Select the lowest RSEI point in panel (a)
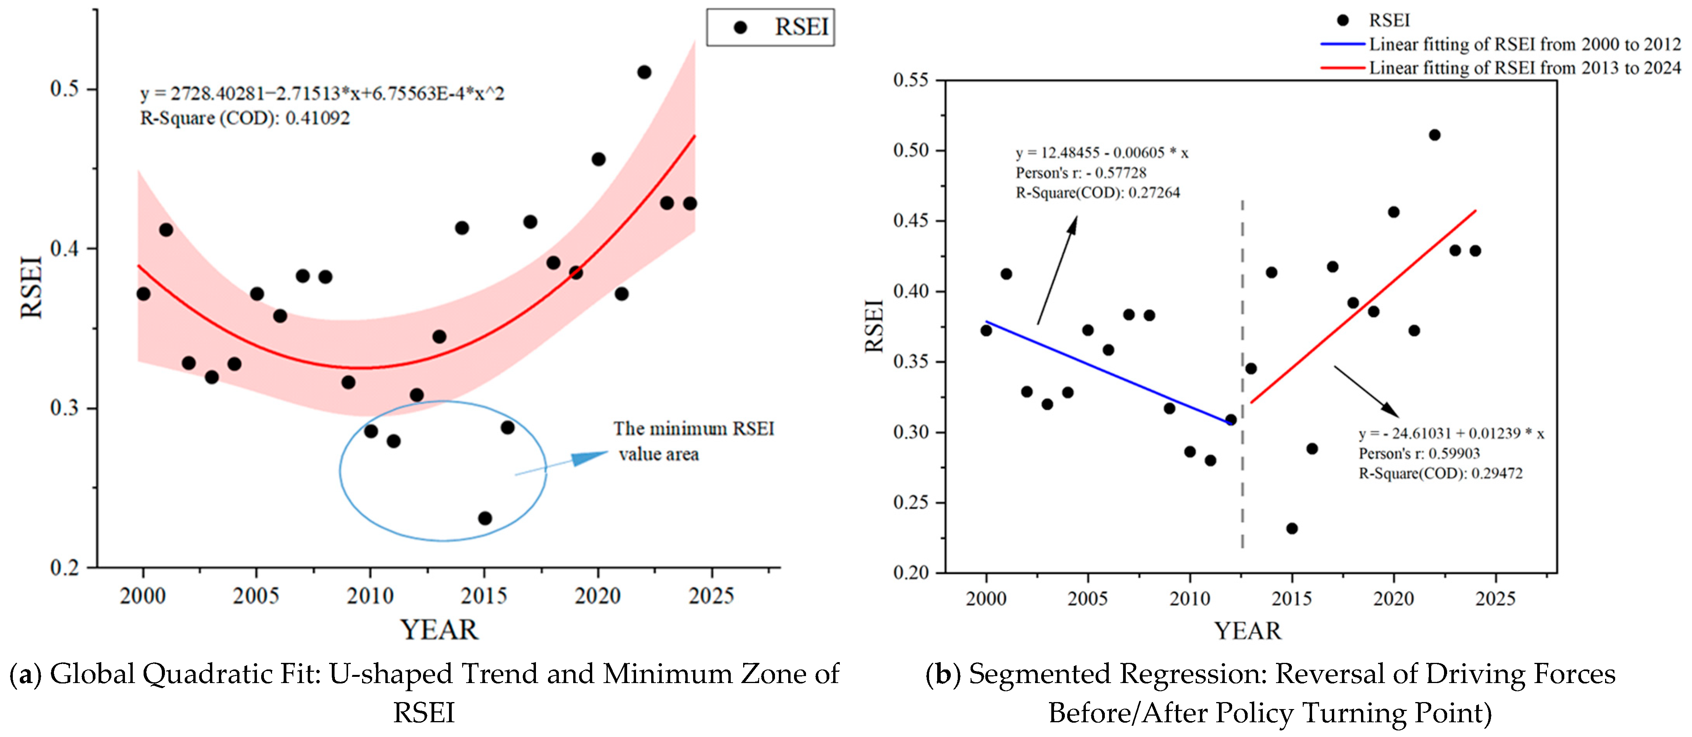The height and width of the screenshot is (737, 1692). (485, 518)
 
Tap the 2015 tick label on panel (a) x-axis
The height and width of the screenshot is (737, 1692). (484, 596)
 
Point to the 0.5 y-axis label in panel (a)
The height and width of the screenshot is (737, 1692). (64, 88)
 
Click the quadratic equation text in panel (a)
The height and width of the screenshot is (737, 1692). (322, 94)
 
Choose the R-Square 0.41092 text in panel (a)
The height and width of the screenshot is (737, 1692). (245, 118)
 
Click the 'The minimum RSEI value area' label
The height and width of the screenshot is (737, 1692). (693, 441)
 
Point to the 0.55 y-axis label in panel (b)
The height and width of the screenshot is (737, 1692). (911, 80)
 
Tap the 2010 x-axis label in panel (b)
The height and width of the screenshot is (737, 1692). (1189, 598)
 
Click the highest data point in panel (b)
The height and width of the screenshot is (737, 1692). (1435, 135)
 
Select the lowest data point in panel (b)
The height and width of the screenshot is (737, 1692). (1292, 528)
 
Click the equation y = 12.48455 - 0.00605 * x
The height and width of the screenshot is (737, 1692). (1101, 153)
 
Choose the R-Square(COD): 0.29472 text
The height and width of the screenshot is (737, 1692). (1441, 473)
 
